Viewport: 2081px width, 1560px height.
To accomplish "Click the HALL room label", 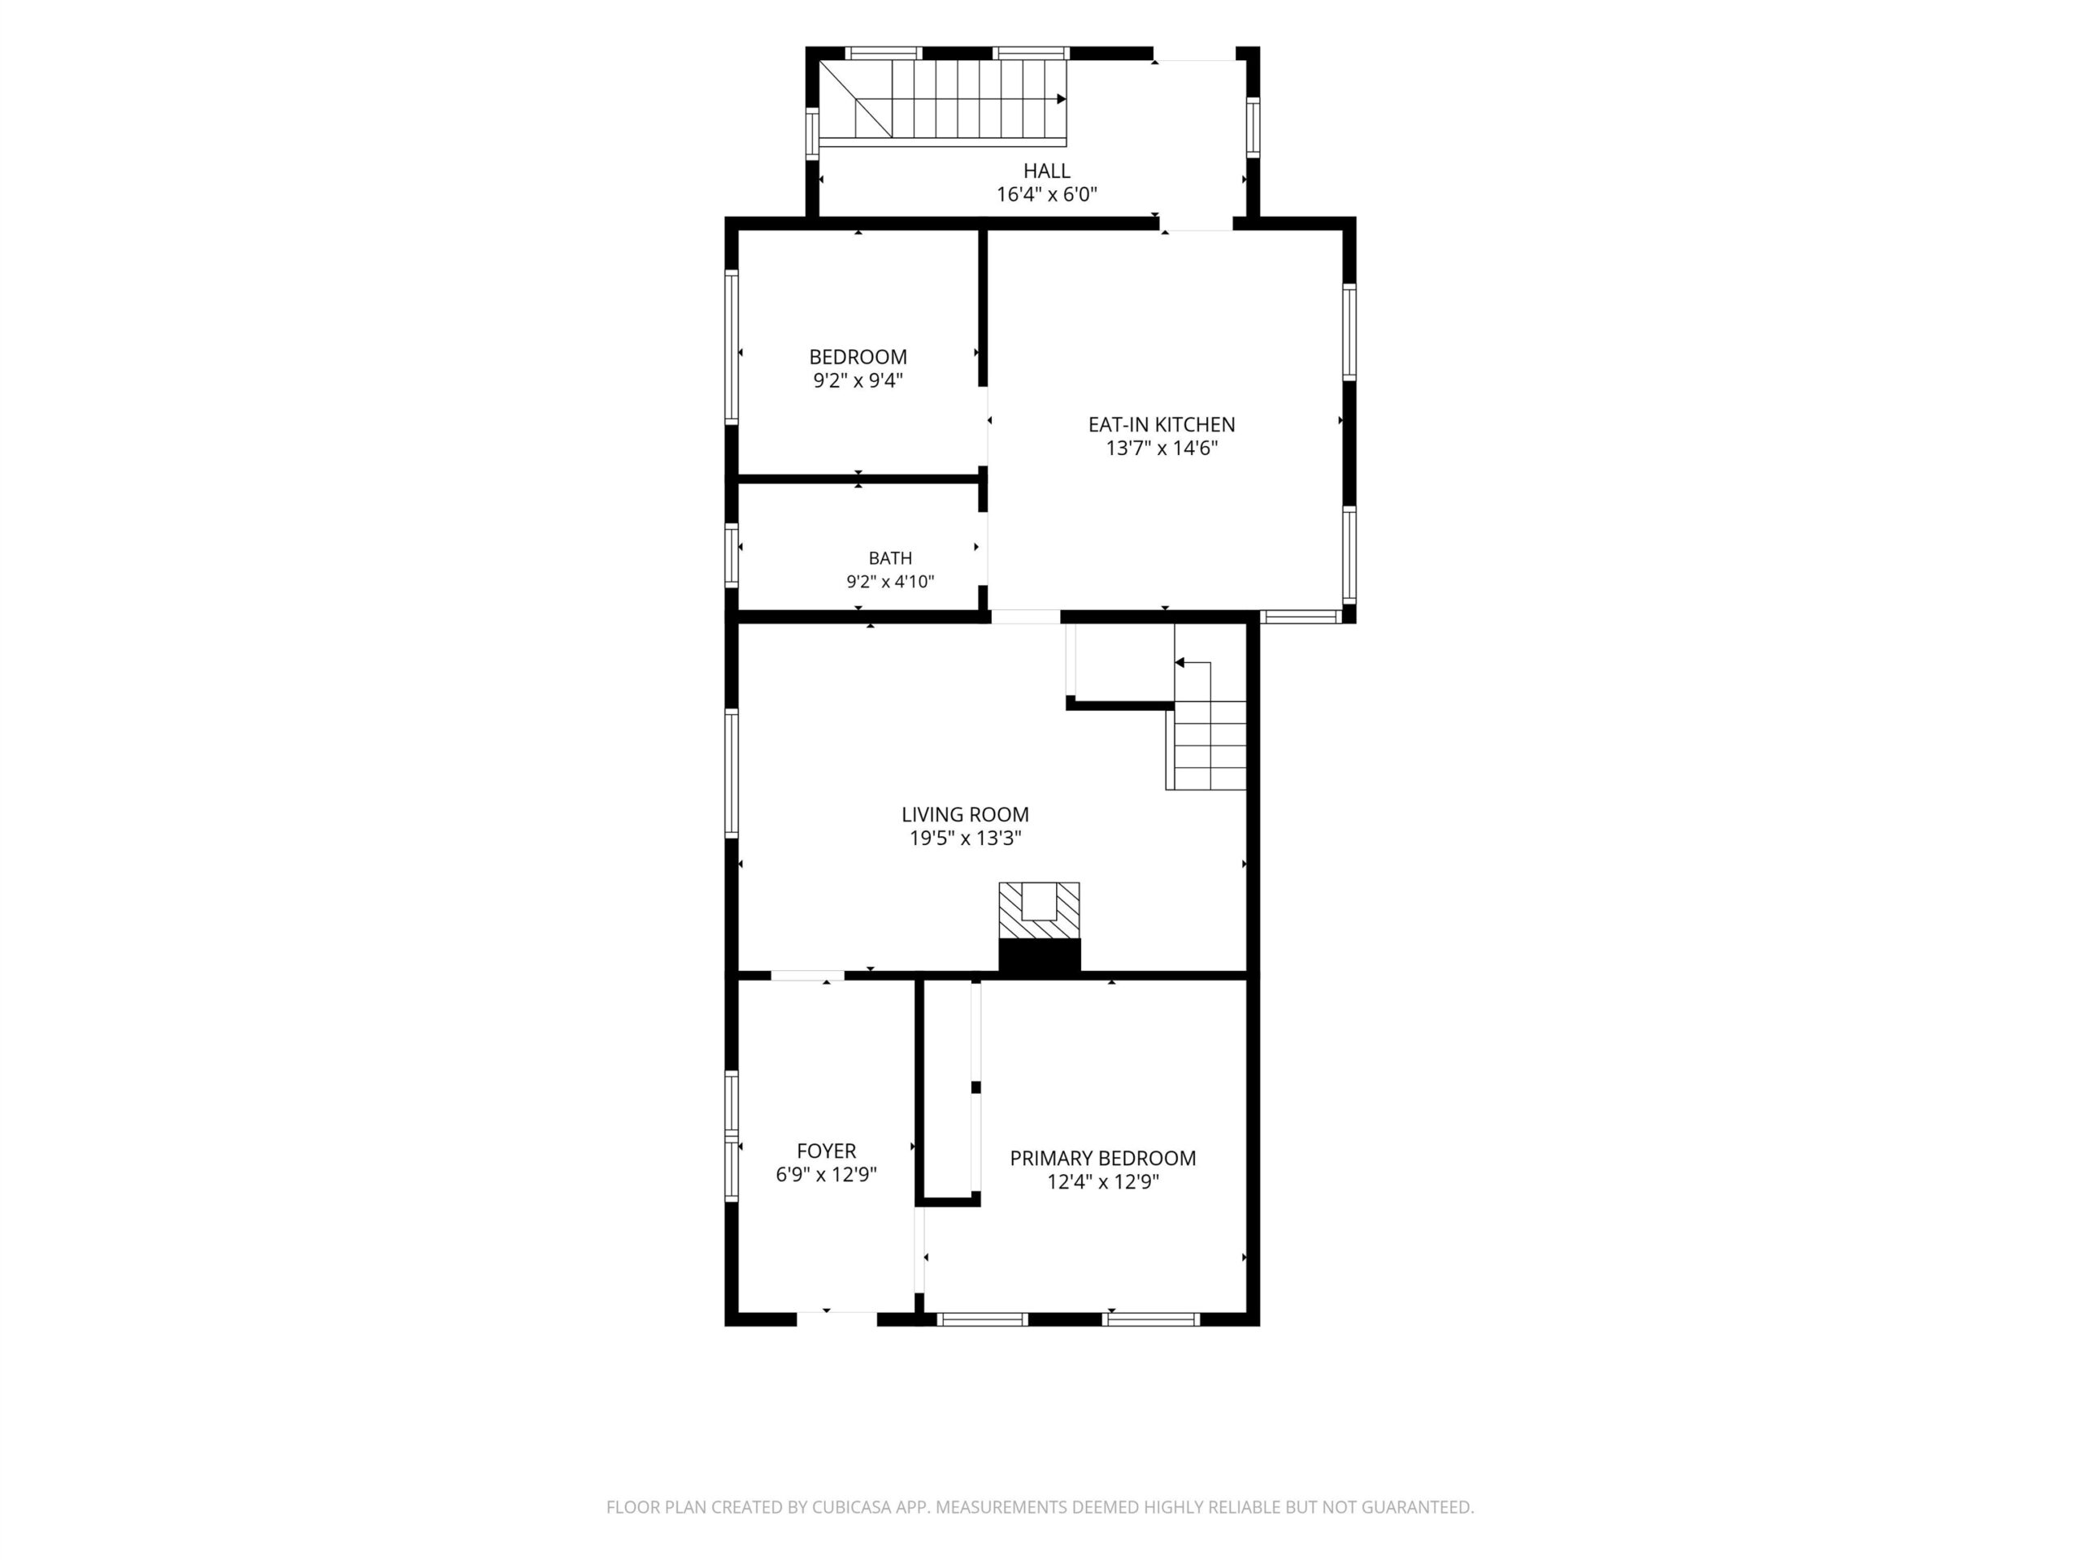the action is pos(1046,171).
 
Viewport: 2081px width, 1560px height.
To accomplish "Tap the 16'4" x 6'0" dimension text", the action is pos(1047,195).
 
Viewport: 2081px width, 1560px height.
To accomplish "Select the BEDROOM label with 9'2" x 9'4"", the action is pos(858,357).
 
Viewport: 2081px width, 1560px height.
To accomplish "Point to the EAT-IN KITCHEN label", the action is pos(1162,425).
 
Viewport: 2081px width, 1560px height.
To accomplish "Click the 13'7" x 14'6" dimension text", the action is pos(1162,448).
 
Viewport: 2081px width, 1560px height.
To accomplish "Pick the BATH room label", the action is pos(890,558).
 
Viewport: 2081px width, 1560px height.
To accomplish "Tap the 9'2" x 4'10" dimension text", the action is pos(890,582).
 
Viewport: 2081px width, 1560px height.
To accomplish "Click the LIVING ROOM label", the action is pos(965,815).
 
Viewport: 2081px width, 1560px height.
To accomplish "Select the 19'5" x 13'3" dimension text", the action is pos(965,838).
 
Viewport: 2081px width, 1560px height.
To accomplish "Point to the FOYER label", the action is pos(826,1151).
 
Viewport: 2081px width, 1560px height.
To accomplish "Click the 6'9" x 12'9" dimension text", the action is pos(826,1174).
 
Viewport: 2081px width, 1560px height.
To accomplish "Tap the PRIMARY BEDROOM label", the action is pos(1102,1159).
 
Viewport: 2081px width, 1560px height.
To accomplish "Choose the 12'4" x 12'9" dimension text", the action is pos(1102,1182).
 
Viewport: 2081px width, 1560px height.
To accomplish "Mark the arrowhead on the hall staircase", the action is pos(1061,99).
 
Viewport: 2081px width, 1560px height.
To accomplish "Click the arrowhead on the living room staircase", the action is pos(1179,663).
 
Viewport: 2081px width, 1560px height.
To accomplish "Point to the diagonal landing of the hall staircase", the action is pos(855,100).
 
